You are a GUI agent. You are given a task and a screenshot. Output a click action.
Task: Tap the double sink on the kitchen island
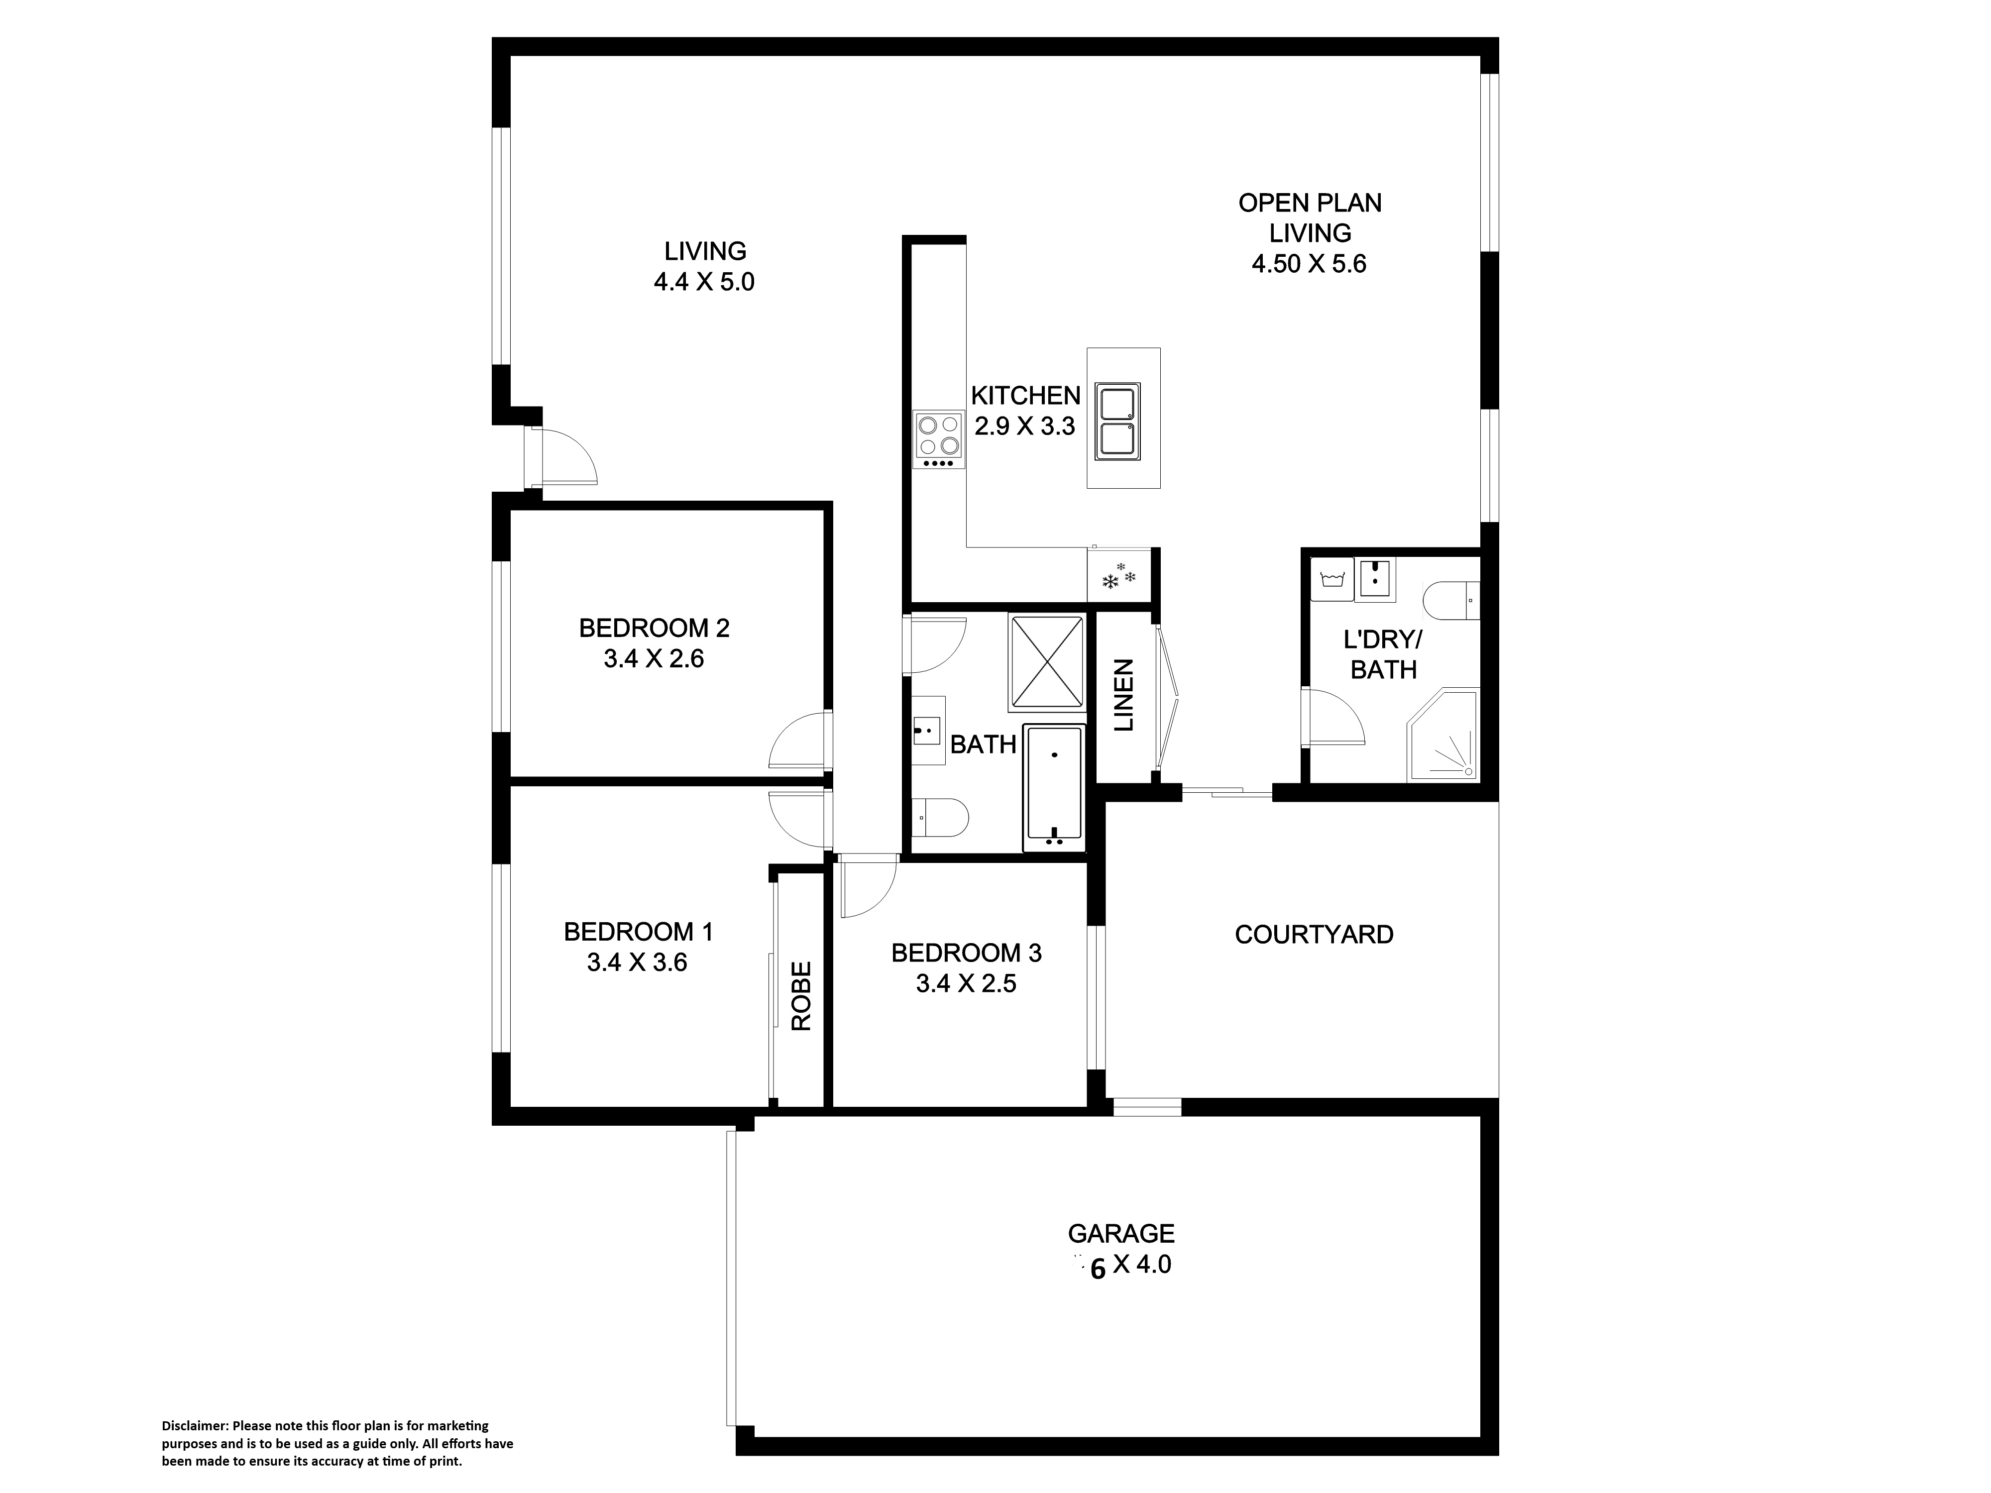tap(1117, 420)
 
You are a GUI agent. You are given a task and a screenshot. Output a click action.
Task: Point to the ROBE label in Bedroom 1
tap(801, 995)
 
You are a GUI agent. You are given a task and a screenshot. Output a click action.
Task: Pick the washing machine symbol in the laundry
tap(1332, 579)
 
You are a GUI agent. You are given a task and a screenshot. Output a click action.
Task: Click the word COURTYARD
tap(1314, 935)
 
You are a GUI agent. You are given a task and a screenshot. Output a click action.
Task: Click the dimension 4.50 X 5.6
tap(1310, 264)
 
